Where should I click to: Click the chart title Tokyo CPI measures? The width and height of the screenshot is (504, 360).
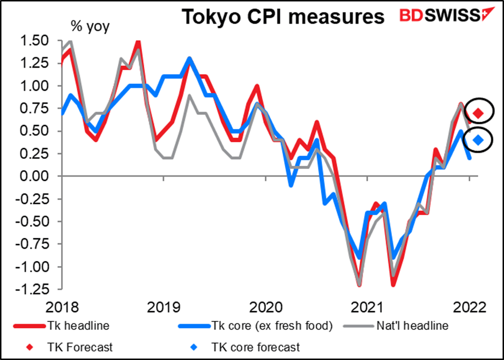tap(283, 17)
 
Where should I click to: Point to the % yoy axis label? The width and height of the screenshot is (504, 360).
tap(88, 26)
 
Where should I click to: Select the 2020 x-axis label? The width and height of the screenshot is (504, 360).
tap(266, 308)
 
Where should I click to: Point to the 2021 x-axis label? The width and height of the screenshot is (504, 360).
tap(368, 308)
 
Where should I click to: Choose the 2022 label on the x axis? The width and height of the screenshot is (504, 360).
tap(470, 308)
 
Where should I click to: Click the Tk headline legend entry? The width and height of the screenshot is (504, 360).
tap(80, 325)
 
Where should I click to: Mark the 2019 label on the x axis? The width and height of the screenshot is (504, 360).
tap(165, 308)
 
